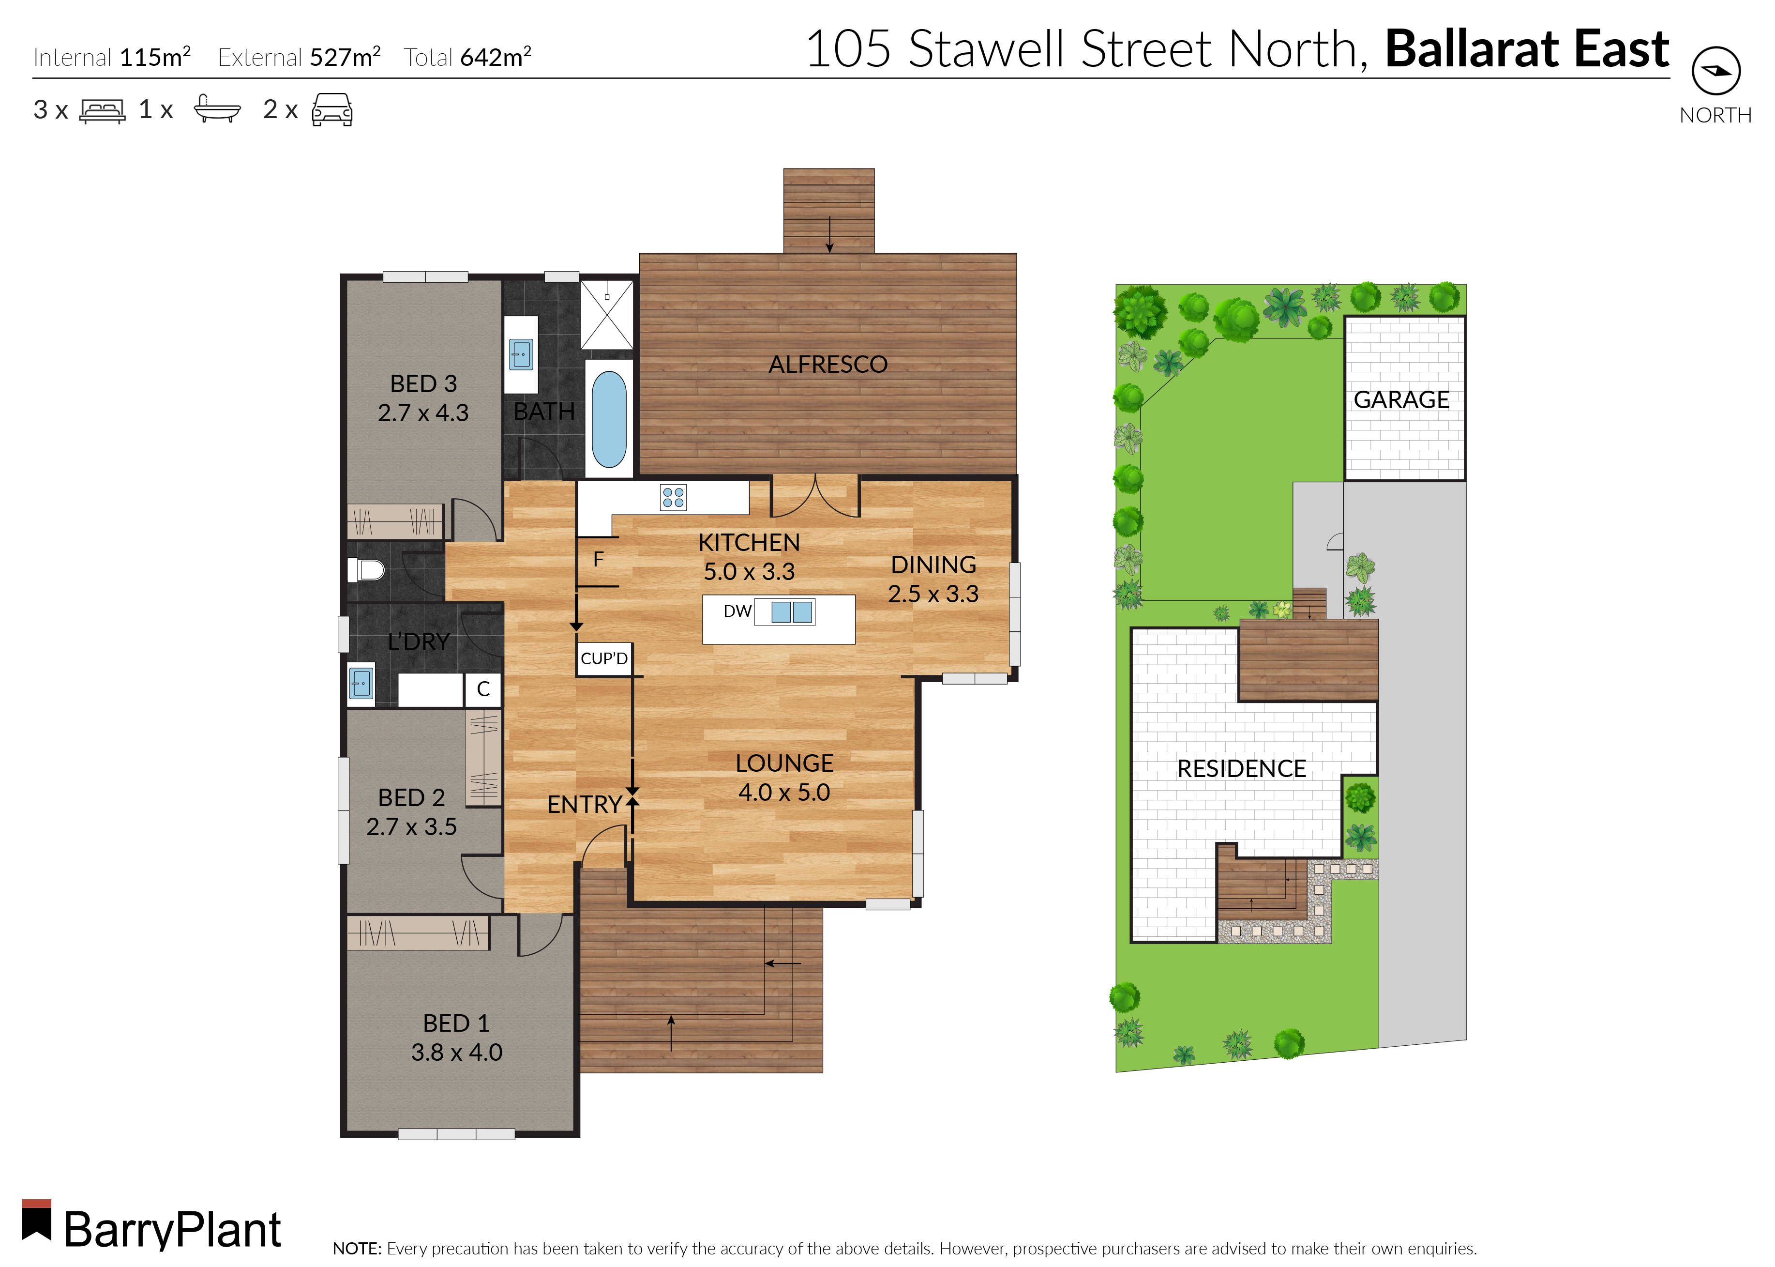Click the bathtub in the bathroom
point(609,419)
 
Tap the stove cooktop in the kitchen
point(672,497)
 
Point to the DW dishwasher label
point(737,611)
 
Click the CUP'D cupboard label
point(603,658)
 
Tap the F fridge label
point(598,559)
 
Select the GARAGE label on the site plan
point(1401,399)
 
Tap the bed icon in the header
point(102,110)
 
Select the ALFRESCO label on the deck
point(827,365)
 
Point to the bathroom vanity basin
point(521,354)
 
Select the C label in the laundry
point(483,689)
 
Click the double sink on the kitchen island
point(792,611)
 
